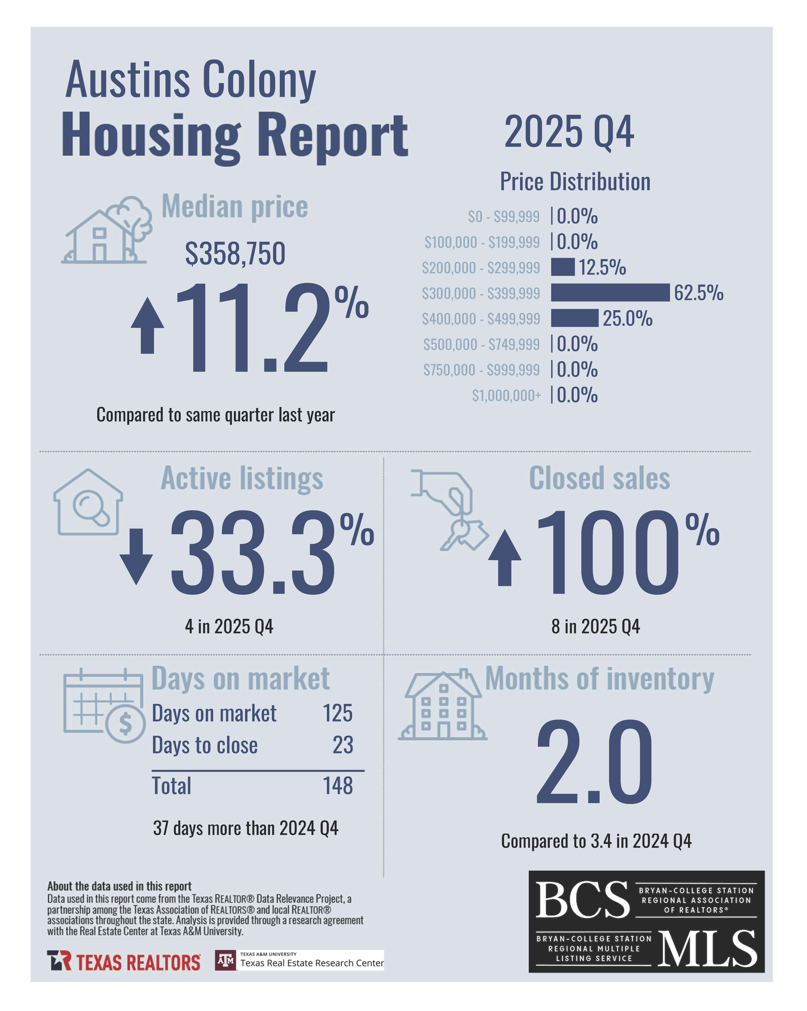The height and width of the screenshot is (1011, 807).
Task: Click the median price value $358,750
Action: [x=235, y=254]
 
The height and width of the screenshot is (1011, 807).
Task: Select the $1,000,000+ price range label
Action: [x=506, y=395]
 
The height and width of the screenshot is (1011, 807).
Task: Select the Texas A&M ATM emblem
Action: [x=226, y=960]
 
